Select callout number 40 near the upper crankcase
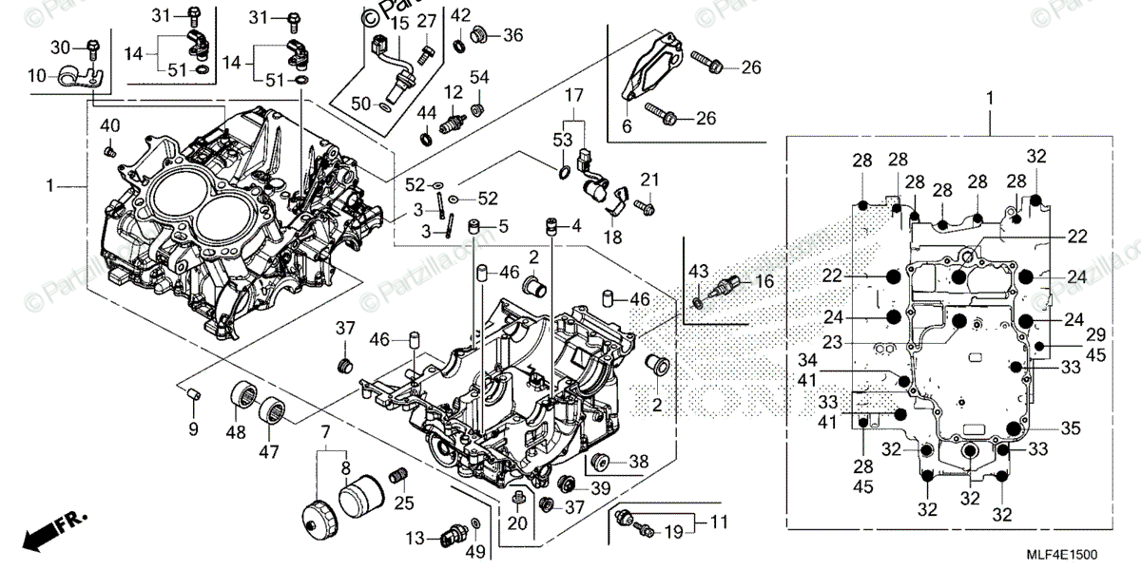(x=110, y=126)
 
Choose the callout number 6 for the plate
(x=627, y=124)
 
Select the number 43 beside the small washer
(x=700, y=273)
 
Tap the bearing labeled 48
(x=246, y=401)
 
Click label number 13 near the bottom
(x=415, y=539)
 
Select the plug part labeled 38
(x=600, y=464)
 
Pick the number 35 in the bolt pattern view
(x=1071, y=428)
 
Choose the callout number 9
(x=193, y=429)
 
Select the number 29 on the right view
(x=1071, y=336)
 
